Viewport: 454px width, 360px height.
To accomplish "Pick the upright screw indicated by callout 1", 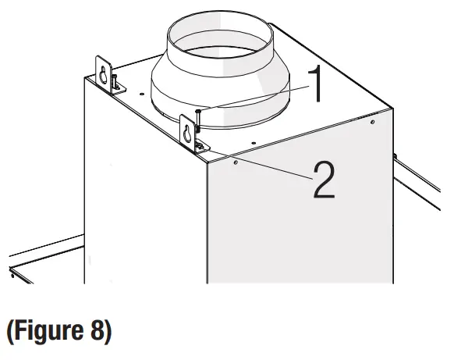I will tap(200, 120).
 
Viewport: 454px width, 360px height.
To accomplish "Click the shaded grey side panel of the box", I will tap(296, 219).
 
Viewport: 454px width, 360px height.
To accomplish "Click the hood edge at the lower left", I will tap(39, 262).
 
